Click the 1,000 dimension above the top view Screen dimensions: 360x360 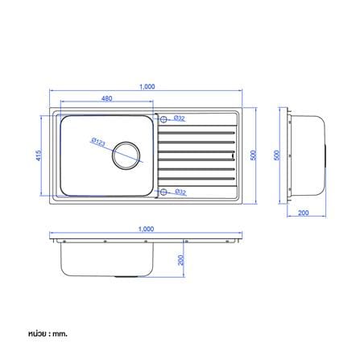(x=147, y=87)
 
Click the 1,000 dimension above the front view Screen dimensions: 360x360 (x=146, y=229)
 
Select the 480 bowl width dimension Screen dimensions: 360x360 (x=106, y=98)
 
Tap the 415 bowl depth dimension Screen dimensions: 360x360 (x=39, y=155)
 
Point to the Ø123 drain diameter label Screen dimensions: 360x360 (x=98, y=142)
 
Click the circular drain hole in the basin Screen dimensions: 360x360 (x=126, y=155)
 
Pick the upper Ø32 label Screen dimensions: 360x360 (x=180, y=118)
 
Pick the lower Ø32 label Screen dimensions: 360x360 (x=180, y=192)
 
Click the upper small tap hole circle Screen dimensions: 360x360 (x=163, y=119)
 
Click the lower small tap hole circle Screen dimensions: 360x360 (x=163, y=192)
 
